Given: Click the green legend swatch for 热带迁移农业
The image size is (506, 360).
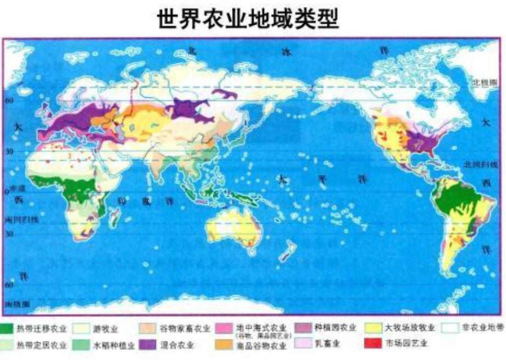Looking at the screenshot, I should coord(8,329).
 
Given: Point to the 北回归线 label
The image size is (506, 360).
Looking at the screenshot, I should coord(483,164).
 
